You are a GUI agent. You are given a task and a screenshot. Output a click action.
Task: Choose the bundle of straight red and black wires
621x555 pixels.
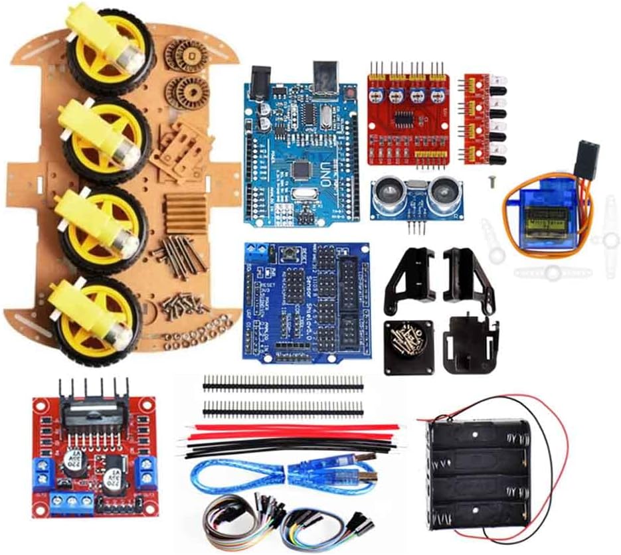coord(286,438)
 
